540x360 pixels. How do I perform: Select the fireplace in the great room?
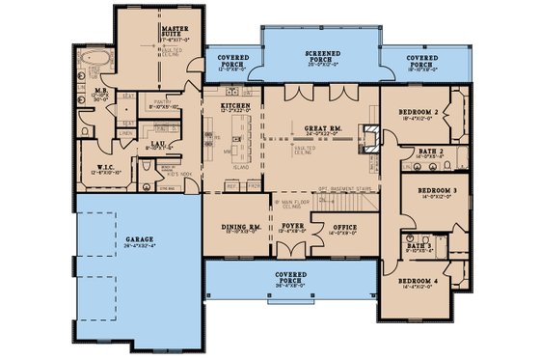point(368,138)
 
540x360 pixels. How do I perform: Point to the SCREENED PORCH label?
point(319,53)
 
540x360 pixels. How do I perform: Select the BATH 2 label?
point(430,152)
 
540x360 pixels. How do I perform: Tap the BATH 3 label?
point(418,246)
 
